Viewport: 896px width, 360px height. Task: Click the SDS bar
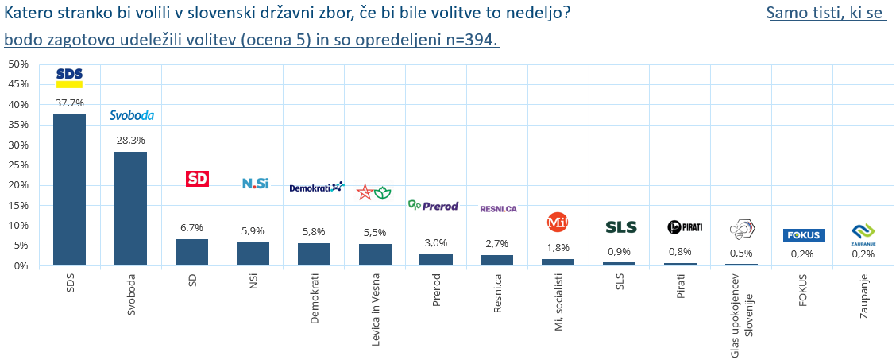(69, 189)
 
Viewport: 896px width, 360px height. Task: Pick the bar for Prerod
(436, 260)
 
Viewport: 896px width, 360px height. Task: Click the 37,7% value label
(69, 103)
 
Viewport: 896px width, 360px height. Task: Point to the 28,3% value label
(130, 141)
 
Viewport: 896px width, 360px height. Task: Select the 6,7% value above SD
(191, 228)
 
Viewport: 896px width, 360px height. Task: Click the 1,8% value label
(558, 248)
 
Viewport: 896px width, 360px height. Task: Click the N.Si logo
(255, 184)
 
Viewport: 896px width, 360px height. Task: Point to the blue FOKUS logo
(803, 235)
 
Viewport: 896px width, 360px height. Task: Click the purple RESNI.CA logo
(498, 209)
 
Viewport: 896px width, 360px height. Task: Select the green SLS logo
(621, 227)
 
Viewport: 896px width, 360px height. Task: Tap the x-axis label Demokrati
(314, 292)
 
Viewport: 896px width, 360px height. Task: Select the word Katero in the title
(28, 14)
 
